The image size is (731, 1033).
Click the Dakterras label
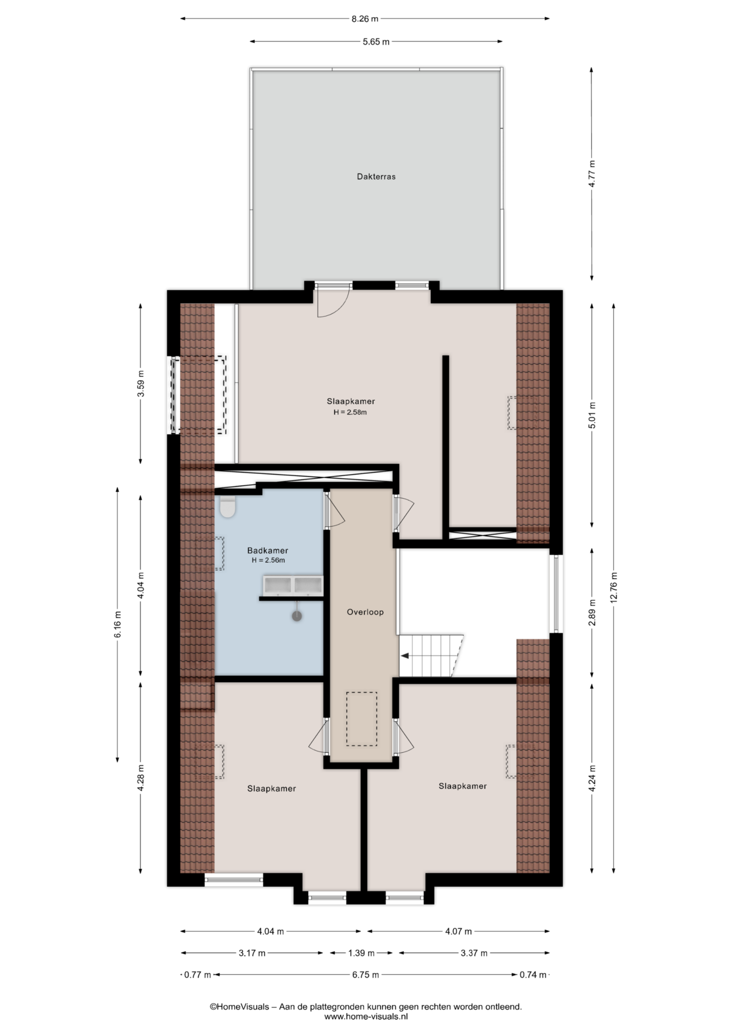(x=376, y=176)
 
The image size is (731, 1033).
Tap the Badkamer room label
(x=268, y=550)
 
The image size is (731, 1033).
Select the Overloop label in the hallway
(x=365, y=612)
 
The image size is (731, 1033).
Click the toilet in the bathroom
(x=228, y=506)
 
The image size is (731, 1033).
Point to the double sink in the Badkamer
(x=292, y=585)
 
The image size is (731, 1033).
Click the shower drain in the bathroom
(x=297, y=616)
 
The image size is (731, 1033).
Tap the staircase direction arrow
(x=405, y=656)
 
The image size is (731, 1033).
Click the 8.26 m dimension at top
(x=365, y=19)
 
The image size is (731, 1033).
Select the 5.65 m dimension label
(x=376, y=41)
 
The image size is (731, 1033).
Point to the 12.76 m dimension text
(x=614, y=588)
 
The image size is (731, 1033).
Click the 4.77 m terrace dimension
(x=592, y=174)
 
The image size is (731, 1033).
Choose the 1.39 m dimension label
(x=361, y=953)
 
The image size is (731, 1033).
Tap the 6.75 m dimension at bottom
(x=365, y=974)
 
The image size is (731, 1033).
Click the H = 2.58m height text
(x=350, y=413)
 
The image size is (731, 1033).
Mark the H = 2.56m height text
(x=268, y=560)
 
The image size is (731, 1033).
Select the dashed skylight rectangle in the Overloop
(x=361, y=719)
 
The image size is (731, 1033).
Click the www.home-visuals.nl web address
(x=366, y=1016)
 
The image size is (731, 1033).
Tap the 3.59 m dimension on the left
(x=140, y=384)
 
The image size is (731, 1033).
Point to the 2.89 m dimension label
(x=592, y=613)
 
